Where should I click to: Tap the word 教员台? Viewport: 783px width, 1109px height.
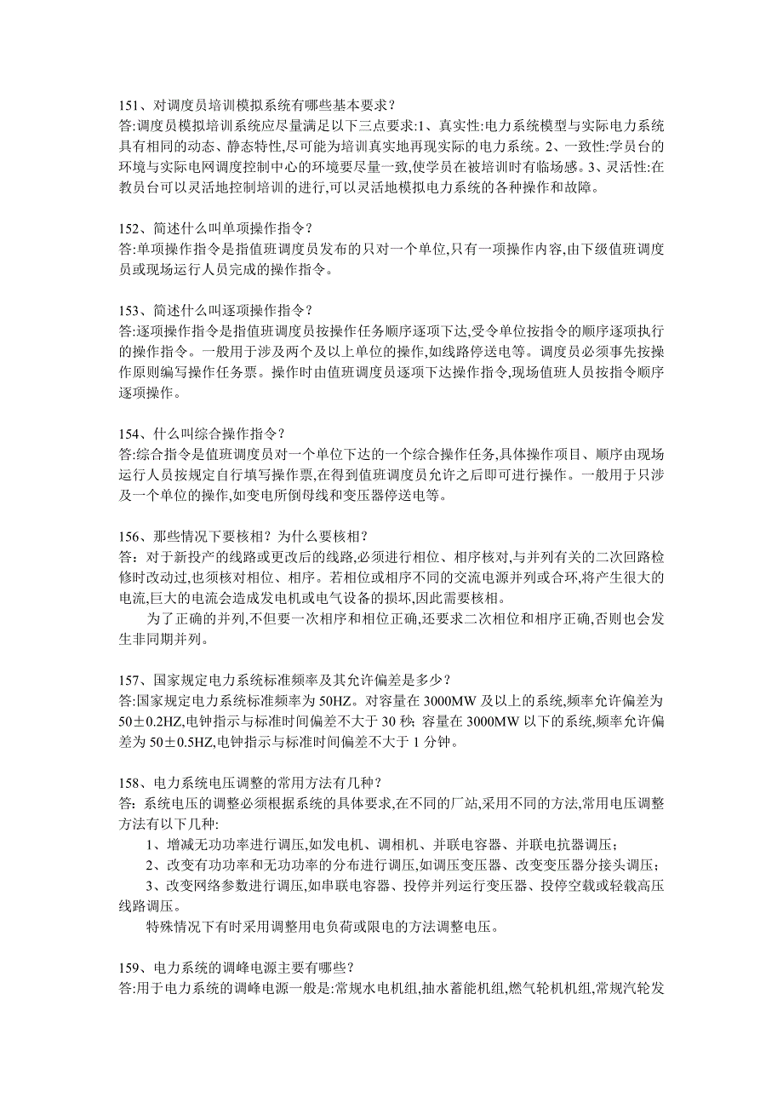[133, 187]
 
